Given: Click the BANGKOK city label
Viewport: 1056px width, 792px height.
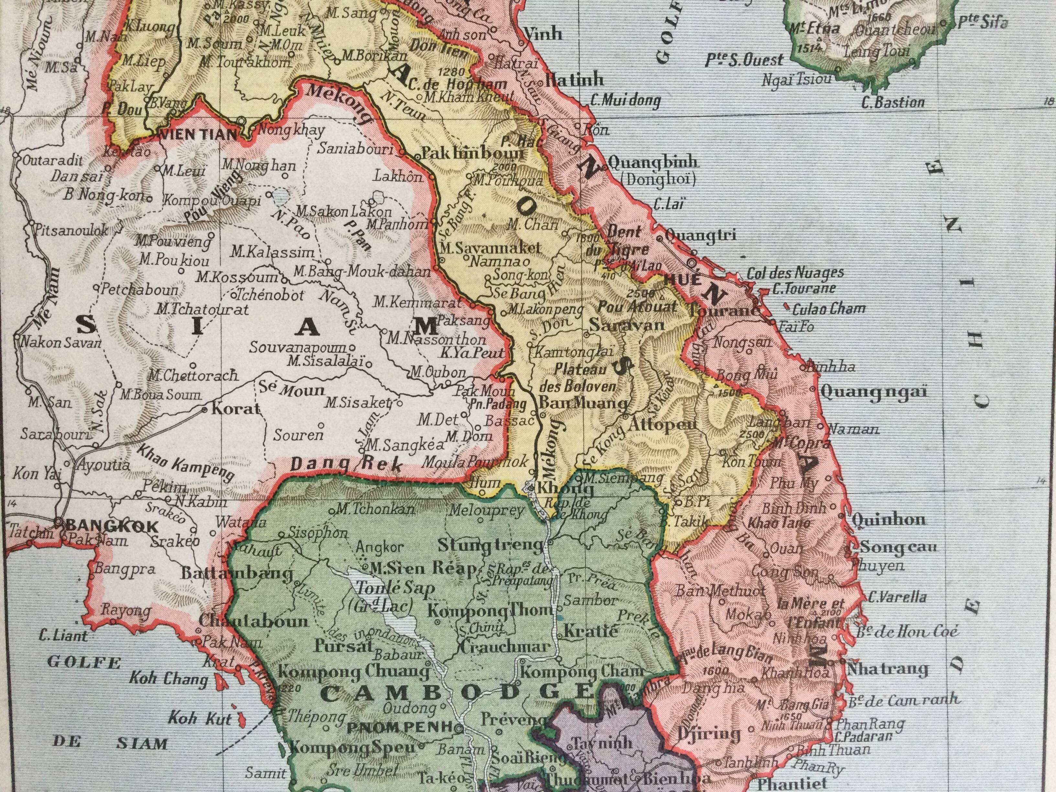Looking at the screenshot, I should click(x=111, y=526).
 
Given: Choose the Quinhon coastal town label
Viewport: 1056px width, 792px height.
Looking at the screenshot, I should click(x=888, y=519).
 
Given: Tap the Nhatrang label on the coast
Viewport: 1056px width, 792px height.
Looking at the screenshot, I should click(x=887, y=669).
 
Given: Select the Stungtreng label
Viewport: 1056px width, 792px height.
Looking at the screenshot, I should click(x=491, y=545).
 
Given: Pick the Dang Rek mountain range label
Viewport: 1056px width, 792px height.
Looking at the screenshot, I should click(x=347, y=464).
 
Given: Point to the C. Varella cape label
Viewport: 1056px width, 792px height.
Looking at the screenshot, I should click(x=897, y=597).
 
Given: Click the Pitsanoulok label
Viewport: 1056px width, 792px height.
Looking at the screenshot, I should click(x=70, y=231).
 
